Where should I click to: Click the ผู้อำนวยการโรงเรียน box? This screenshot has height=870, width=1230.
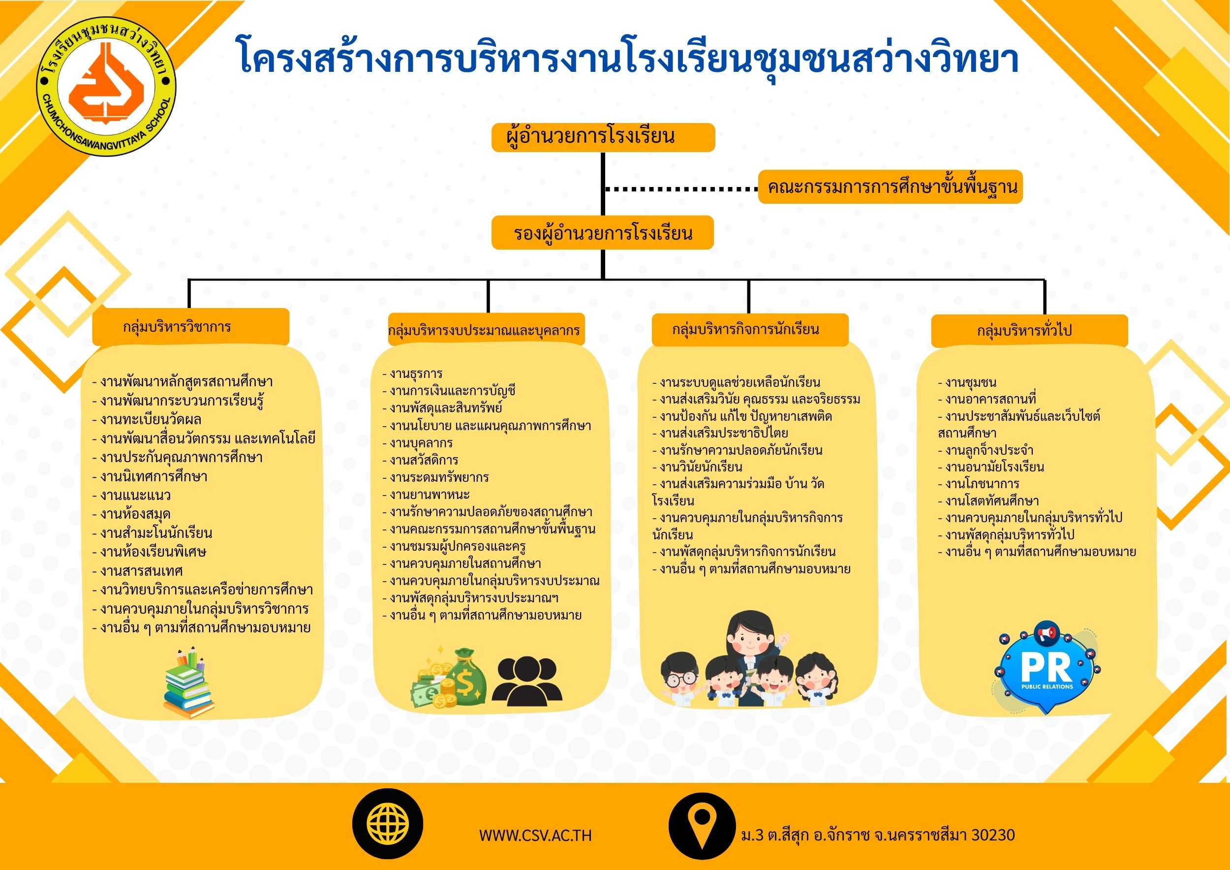603,137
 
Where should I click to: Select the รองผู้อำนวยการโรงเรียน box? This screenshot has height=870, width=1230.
603,232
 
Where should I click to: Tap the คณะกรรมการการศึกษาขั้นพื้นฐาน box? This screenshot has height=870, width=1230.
891,187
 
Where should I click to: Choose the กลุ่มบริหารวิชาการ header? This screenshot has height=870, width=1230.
191,327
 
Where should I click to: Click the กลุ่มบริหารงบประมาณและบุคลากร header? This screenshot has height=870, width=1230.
487,330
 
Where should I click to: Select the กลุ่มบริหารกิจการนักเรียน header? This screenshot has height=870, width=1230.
750,330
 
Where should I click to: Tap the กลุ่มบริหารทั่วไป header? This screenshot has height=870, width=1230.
1030,331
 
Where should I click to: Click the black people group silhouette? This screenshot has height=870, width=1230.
527,681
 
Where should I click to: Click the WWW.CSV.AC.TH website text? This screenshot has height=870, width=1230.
535,836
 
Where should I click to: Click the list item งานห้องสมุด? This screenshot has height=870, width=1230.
132,514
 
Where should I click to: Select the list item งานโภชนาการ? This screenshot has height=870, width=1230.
978,484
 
